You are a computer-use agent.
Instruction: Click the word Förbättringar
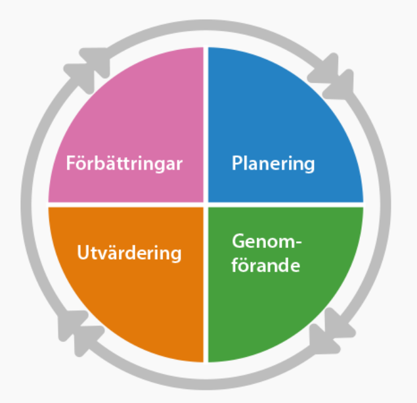click(124, 163)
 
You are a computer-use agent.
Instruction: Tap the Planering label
click(273, 164)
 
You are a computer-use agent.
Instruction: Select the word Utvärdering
click(129, 252)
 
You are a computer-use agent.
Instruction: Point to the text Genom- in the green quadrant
click(267, 241)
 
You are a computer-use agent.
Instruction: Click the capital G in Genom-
click(238, 241)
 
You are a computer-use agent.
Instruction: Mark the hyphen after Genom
click(298, 243)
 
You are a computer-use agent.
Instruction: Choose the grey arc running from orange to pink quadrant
click(26, 205)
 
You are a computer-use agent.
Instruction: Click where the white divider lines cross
click(206, 204)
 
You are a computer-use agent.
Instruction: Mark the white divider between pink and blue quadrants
click(206, 124)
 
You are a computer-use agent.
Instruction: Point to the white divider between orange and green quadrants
click(206, 285)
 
